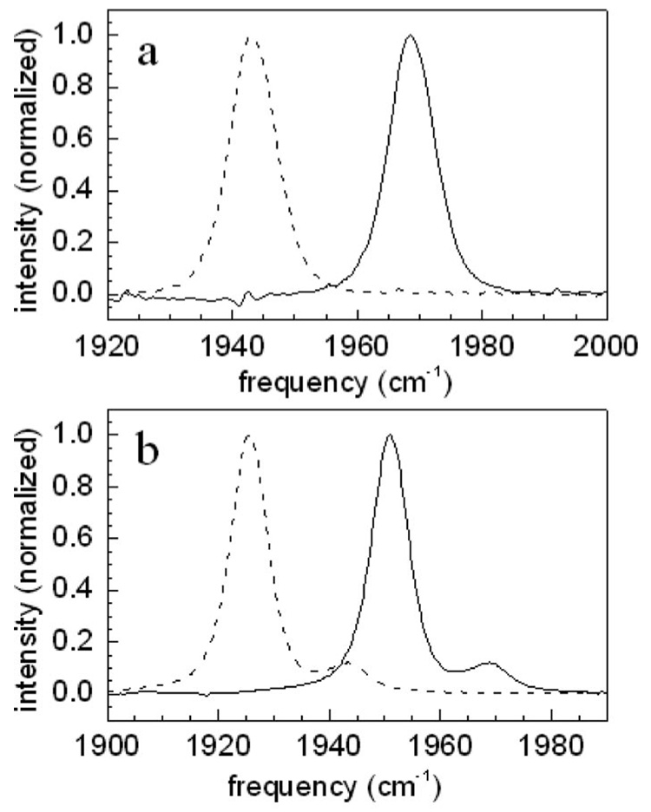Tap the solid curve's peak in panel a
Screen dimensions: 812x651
pos(410,36)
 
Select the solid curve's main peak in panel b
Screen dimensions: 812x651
pos(390,435)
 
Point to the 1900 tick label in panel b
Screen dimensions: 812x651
pos(108,744)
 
